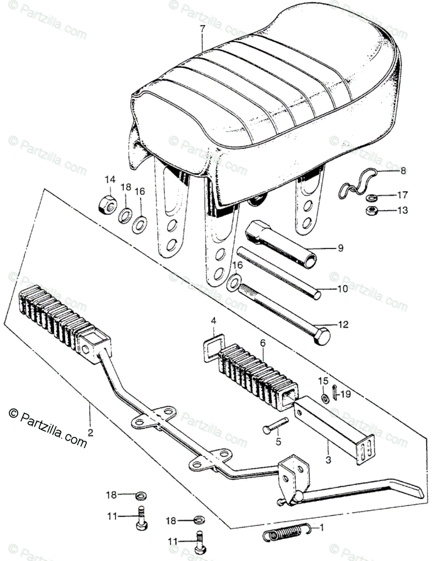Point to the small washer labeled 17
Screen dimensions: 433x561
(372, 196)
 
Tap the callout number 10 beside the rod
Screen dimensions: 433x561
(342, 289)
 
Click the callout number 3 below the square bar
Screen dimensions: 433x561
(328, 460)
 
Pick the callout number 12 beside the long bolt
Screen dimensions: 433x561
(343, 324)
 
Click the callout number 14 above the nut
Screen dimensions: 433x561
(109, 180)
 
